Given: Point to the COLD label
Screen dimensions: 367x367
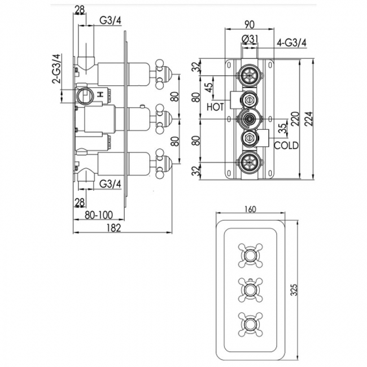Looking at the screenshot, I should point(286,146).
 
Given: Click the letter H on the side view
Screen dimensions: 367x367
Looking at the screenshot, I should point(102,95).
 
